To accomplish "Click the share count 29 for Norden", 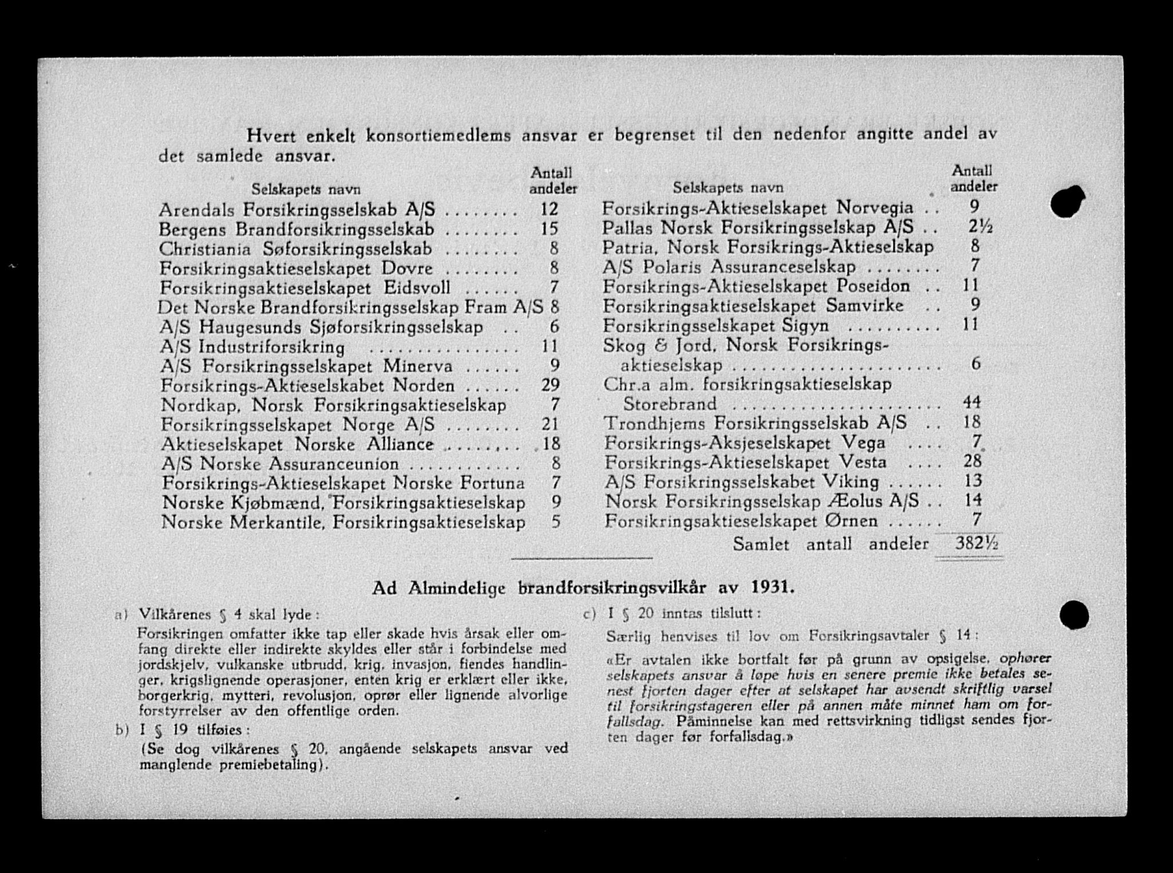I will [550, 385].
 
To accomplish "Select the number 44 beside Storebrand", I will [972, 402].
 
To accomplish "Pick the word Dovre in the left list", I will [407, 268].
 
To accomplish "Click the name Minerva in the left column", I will [418, 365].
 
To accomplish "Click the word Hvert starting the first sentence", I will [270, 136].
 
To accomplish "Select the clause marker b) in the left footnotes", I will [121, 731].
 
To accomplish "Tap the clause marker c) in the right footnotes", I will [589, 614].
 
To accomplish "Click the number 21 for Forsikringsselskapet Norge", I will [549, 424].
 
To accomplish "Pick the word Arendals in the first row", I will [196, 210].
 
